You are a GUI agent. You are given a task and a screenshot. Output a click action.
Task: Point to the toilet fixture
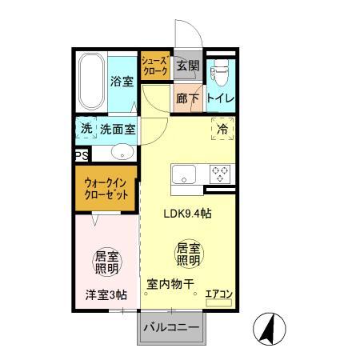coord(220,72)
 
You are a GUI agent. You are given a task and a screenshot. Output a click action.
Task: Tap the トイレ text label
coord(221,98)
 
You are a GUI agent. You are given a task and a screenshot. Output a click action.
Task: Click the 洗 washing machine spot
coord(86,128)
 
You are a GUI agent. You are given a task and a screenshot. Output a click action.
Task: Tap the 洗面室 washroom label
coord(118,129)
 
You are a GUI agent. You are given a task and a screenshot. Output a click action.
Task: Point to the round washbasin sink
coord(122,151)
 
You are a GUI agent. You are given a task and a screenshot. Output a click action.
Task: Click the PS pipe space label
coord(80,156)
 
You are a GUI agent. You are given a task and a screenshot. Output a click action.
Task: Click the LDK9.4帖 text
coord(187,214)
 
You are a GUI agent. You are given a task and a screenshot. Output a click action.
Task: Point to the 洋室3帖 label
coord(106,294)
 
